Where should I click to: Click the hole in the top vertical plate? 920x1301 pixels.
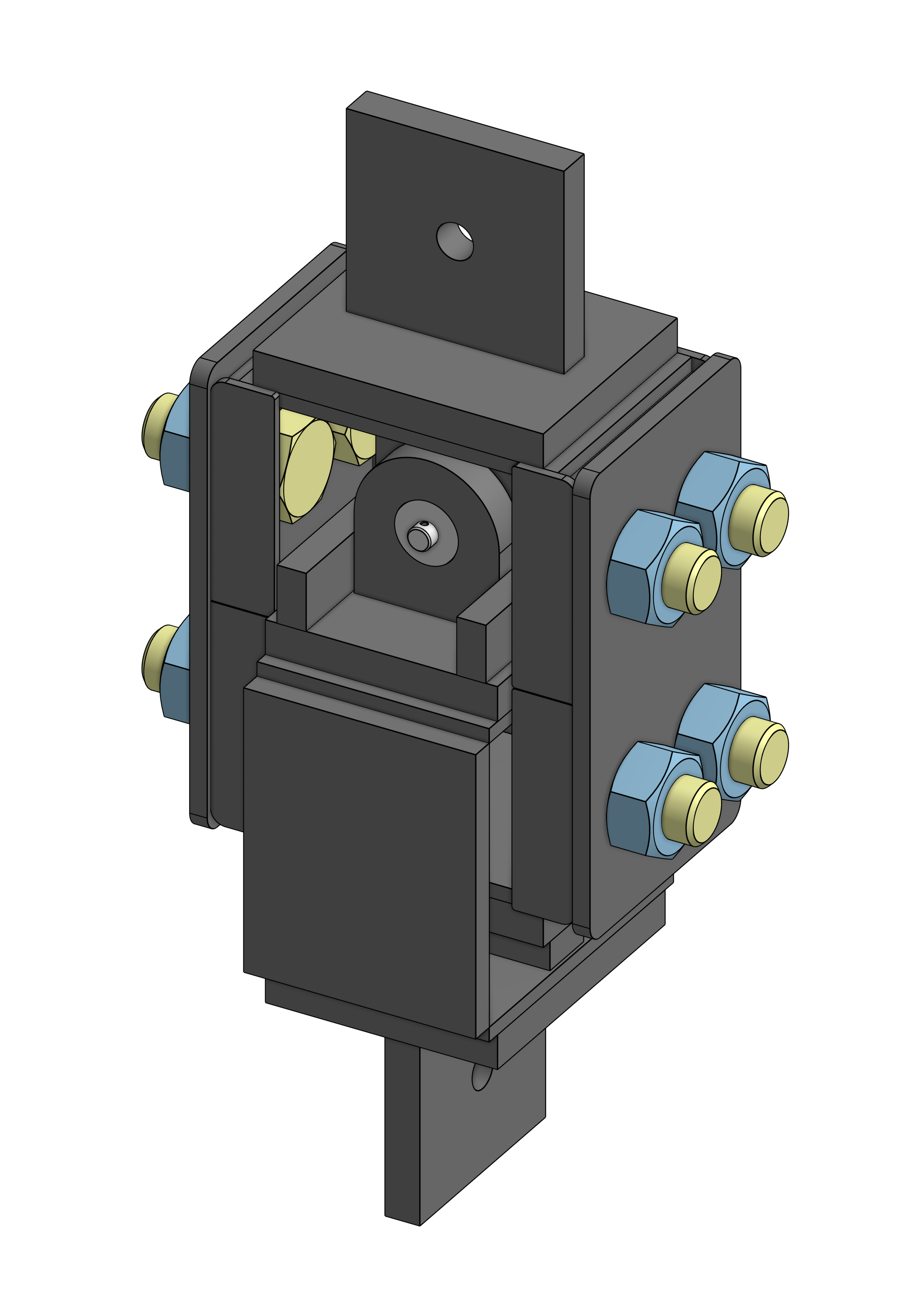click(x=454, y=241)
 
